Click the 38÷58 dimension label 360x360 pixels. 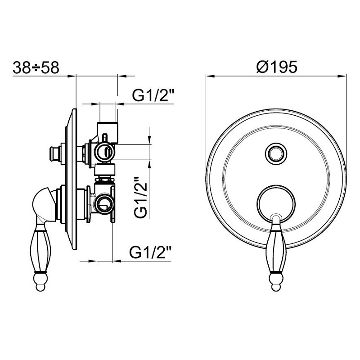click(36, 68)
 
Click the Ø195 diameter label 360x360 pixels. click(277, 67)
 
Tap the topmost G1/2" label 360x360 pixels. click(153, 95)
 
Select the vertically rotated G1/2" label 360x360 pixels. click(140, 197)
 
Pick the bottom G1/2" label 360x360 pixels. click(150, 253)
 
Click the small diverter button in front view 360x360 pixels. click(276, 153)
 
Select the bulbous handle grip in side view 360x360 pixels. click(40, 248)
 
